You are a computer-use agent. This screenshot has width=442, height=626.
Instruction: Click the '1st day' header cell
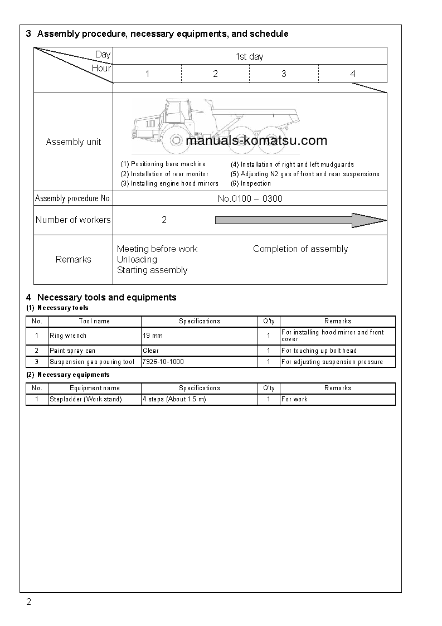(x=249, y=56)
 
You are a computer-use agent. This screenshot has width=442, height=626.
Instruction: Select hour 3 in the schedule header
(x=284, y=74)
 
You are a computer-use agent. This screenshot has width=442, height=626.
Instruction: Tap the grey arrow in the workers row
(x=300, y=220)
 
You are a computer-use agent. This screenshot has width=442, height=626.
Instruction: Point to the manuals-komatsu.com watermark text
(x=256, y=140)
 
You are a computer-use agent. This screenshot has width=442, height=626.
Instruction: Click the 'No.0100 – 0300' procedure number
(x=250, y=198)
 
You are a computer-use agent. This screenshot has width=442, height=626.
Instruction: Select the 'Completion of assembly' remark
(x=300, y=249)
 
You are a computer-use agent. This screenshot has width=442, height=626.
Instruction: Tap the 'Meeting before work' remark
(x=157, y=249)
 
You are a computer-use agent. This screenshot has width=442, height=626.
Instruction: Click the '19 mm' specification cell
(x=153, y=336)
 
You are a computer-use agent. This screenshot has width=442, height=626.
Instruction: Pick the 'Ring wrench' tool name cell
(x=68, y=336)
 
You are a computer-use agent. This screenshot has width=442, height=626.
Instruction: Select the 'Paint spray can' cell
(x=72, y=351)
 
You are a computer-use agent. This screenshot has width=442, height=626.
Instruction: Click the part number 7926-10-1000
(x=163, y=362)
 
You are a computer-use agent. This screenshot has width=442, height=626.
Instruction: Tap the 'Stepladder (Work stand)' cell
(x=86, y=399)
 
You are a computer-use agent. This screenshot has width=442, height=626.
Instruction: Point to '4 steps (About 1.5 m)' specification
(x=174, y=399)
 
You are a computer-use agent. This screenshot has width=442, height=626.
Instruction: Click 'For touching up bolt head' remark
(x=319, y=351)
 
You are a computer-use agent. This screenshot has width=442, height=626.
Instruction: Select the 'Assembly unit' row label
(x=74, y=142)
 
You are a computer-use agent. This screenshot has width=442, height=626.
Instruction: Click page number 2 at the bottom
(x=29, y=602)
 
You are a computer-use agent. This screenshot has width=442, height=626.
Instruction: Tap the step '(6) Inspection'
(x=251, y=183)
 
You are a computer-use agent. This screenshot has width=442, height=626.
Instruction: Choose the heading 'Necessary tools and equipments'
(x=106, y=297)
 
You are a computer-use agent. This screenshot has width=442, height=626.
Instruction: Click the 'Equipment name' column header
(x=95, y=388)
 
